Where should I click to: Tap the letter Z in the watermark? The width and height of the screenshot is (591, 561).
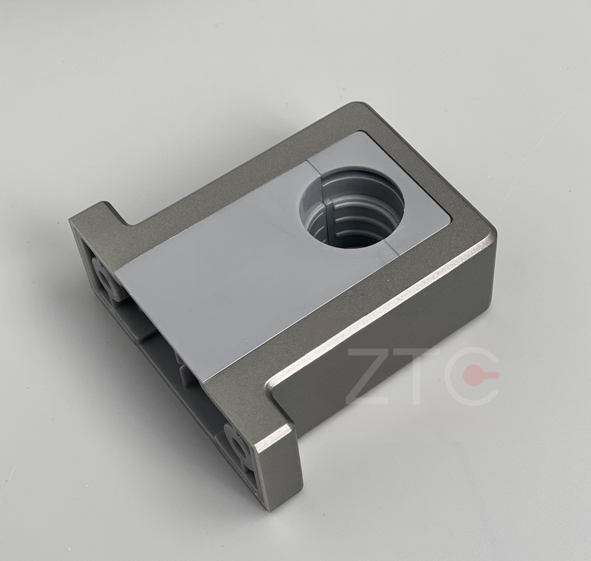pos(369,376)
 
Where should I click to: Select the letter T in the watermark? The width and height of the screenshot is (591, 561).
pos(421,376)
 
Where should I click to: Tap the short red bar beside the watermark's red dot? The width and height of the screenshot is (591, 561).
pos(490,375)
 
